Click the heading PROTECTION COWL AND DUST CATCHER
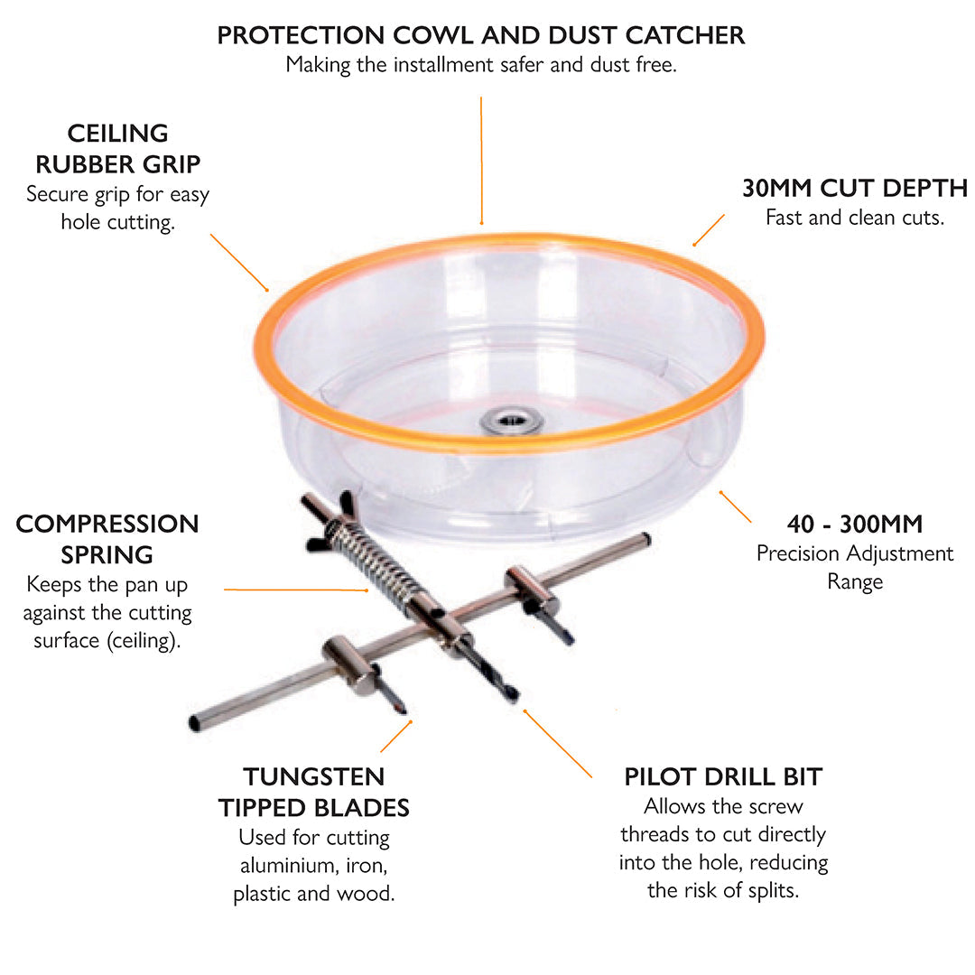[x=481, y=35]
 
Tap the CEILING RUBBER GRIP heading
[x=117, y=149]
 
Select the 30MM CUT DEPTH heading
[x=854, y=188]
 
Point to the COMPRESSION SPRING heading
[x=107, y=538]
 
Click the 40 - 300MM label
[x=854, y=524]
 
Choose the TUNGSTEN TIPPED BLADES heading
[x=313, y=792]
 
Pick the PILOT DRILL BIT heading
[x=723, y=776]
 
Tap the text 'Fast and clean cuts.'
[x=854, y=218]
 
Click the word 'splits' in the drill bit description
[x=768, y=891]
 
